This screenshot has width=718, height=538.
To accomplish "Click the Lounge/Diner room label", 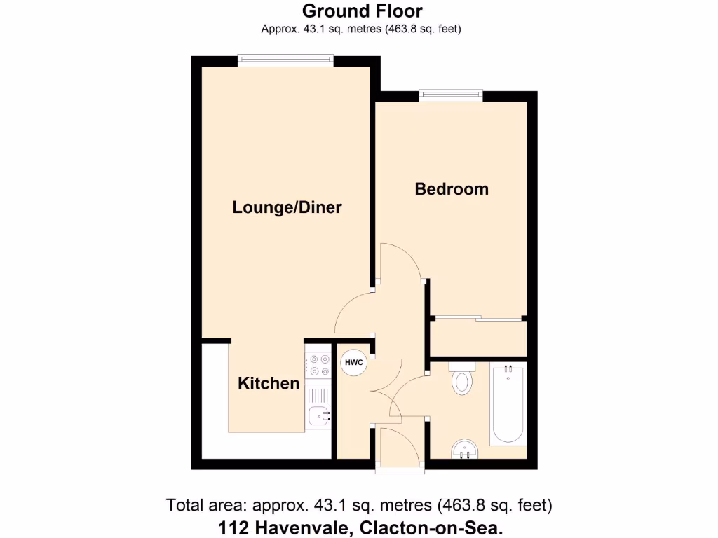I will [287, 207].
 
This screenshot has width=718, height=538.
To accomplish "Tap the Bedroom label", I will [452, 189].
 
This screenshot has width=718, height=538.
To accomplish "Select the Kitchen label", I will [269, 383].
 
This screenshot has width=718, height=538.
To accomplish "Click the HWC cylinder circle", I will [353, 362].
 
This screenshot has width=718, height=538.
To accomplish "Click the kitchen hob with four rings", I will [318, 365].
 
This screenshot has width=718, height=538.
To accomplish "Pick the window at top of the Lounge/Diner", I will [285, 61].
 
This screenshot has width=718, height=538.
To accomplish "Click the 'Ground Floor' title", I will [362, 11].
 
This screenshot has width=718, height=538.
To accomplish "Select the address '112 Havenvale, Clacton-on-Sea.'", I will [362, 527].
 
